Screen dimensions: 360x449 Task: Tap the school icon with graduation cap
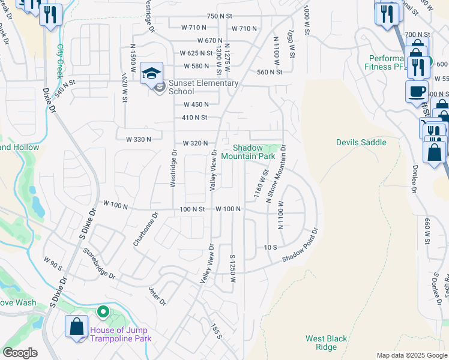[x=152, y=73]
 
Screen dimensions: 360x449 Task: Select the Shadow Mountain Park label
[x=248, y=152]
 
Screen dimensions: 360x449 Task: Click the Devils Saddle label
[x=361, y=142]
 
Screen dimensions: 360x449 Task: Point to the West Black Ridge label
[x=326, y=343]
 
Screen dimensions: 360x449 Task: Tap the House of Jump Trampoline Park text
[x=121, y=334]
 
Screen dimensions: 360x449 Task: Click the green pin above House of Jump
[x=103, y=311]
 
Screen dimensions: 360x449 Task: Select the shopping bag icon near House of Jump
[x=77, y=328]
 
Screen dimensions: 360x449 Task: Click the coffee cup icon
[x=417, y=92]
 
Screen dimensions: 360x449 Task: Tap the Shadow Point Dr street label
[x=300, y=247]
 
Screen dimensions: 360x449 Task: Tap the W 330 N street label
[x=138, y=139]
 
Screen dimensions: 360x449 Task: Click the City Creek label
[x=59, y=61]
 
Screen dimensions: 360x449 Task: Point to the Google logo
[x=20, y=353]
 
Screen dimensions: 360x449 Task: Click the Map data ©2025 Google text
[x=411, y=355]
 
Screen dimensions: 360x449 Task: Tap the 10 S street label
[x=270, y=247]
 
